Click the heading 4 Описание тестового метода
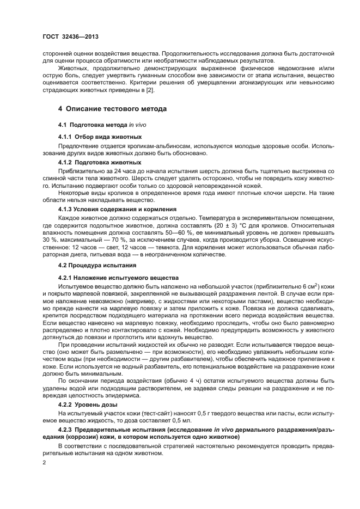click(112, 109)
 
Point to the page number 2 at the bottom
click(45, 462)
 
